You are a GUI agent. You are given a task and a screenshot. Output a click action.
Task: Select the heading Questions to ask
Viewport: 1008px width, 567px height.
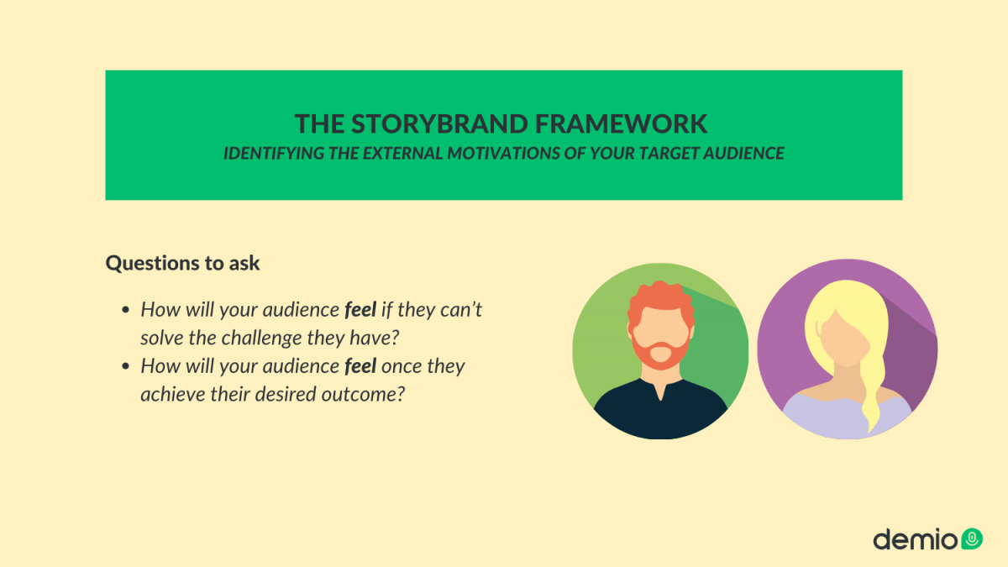tap(182, 263)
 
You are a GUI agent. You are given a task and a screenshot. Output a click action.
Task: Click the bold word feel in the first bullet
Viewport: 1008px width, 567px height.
tap(360, 309)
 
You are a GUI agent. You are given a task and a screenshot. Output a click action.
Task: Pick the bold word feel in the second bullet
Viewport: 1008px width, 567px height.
tap(360, 366)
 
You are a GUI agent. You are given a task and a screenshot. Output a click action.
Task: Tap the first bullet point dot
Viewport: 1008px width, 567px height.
tap(126, 310)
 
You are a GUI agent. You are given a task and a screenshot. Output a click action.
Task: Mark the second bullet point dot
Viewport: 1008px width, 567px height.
tap(126, 367)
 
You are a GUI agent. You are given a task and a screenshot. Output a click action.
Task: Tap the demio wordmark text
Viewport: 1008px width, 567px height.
tap(915, 538)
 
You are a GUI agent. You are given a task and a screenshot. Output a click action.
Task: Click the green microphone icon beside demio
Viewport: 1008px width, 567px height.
tap(971, 538)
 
